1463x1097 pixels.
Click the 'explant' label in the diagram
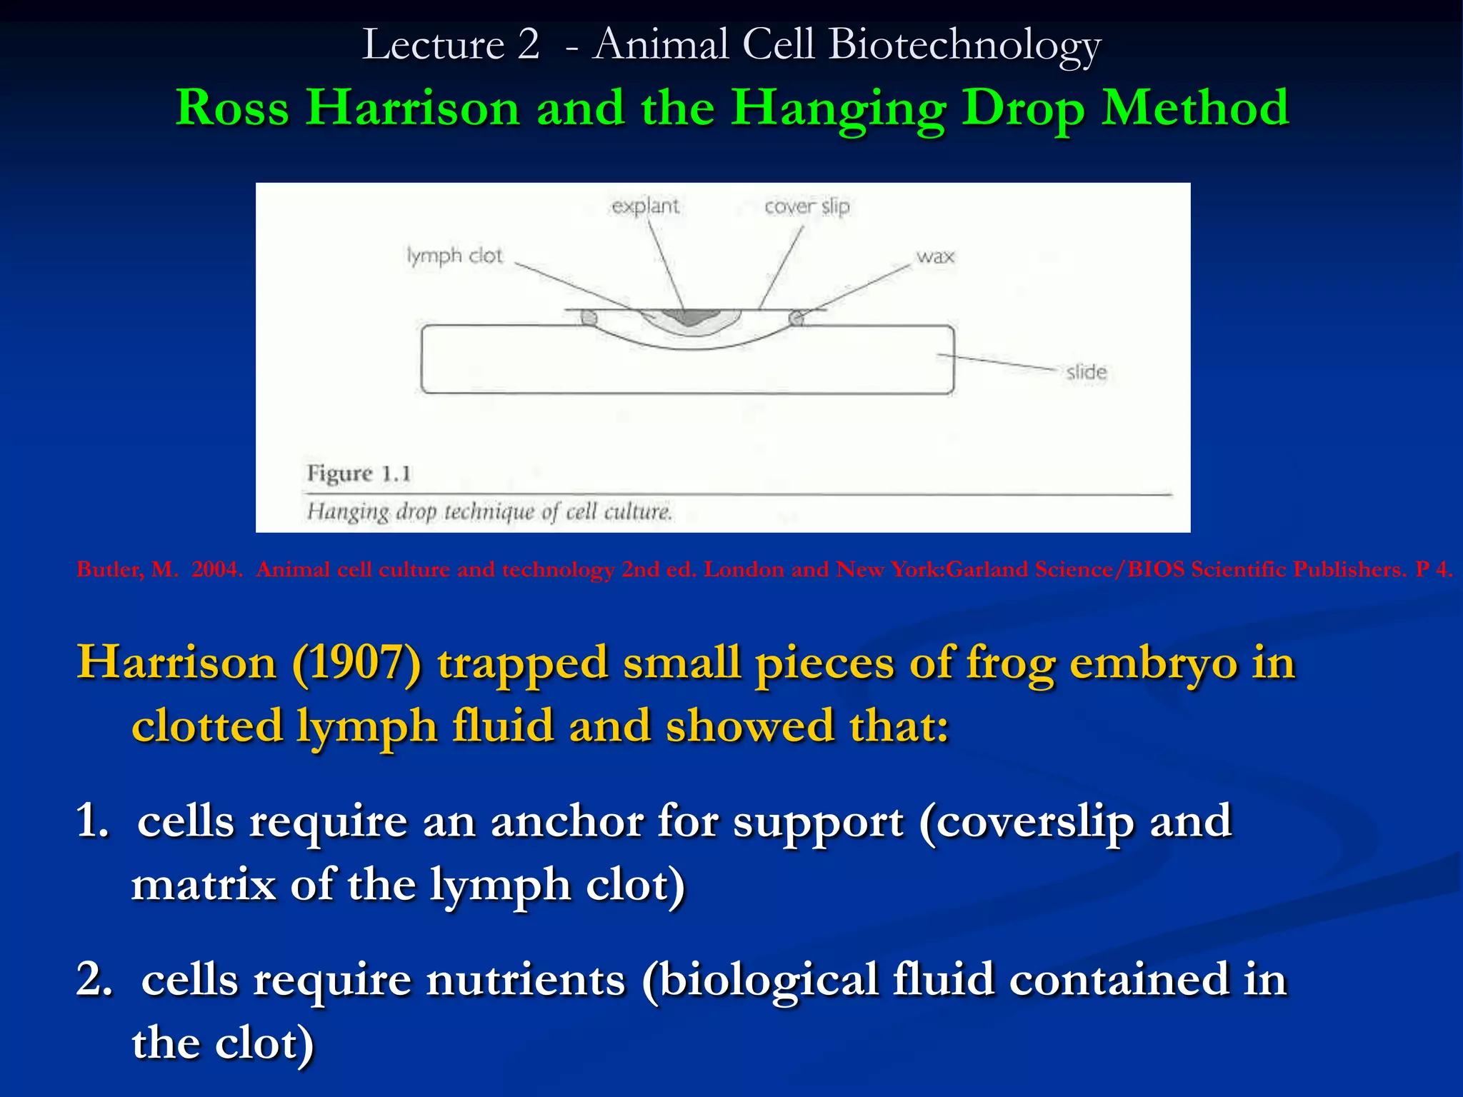[x=645, y=206]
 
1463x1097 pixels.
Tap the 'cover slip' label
[x=807, y=206]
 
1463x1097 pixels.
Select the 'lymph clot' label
[x=454, y=256]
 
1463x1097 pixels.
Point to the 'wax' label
[x=934, y=256]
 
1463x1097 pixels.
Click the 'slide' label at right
[x=1086, y=372]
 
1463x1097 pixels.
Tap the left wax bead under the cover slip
[x=589, y=316]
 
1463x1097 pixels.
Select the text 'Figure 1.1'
[x=359, y=474]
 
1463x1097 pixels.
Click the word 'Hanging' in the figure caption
[x=348, y=512]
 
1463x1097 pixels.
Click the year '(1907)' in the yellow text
[x=356, y=663]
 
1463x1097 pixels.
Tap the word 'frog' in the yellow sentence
[x=1010, y=663]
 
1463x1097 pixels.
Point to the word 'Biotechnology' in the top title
[x=964, y=44]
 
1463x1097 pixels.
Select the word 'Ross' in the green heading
[x=232, y=108]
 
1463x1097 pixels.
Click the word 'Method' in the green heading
[x=1194, y=108]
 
